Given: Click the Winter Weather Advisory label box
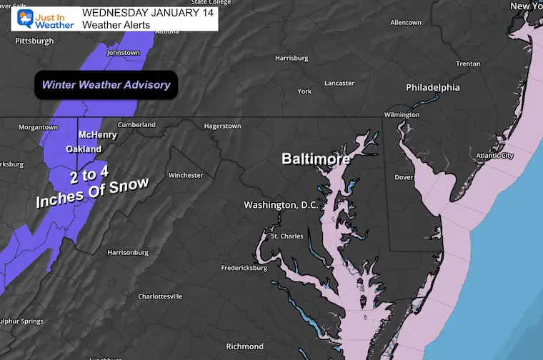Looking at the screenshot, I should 106,85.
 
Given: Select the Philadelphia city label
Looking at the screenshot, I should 433,88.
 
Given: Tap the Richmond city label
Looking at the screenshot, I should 245,346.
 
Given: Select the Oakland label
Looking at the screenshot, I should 84,149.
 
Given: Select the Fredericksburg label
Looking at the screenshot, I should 244,269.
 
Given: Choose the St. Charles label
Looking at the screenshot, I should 286,236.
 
